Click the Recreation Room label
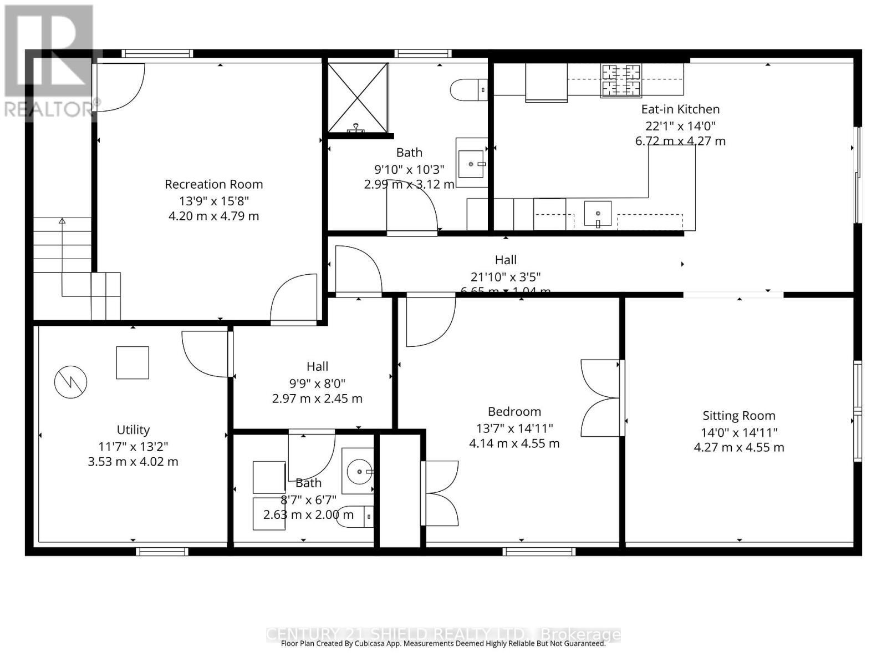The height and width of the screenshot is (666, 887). click(x=213, y=184)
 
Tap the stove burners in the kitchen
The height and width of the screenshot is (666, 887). click(x=621, y=80)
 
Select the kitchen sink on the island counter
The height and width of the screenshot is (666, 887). click(x=598, y=214)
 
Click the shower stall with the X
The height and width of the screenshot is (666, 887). click(x=358, y=98)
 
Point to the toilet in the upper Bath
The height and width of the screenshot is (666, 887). click(x=468, y=89)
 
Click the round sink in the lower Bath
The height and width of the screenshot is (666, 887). click(x=359, y=471)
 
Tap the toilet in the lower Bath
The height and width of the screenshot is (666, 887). click(x=355, y=517)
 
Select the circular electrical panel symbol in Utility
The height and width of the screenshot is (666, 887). click(x=71, y=382)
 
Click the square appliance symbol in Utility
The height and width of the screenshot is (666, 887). click(x=132, y=362)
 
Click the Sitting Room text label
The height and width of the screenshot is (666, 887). click(x=739, y=416)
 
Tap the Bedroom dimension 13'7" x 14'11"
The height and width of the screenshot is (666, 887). click(x=514, y=428)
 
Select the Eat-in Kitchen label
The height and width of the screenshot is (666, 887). click(x=680, y=109)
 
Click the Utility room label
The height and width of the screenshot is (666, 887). click(x=133, y=430)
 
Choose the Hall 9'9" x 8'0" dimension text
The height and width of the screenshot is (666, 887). click(x=317, y=383)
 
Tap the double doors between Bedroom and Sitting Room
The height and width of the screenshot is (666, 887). click(x=601, y=398)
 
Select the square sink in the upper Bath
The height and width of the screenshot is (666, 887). click(x=472, y=164)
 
